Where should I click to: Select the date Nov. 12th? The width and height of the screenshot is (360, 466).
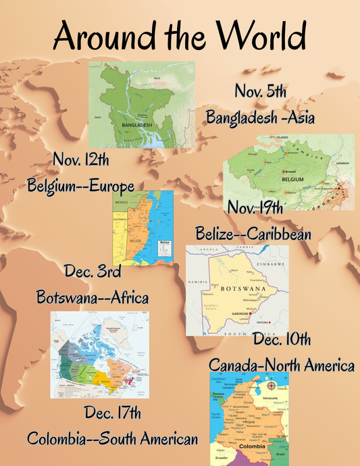tap(80, 161)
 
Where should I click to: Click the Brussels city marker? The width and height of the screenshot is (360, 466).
tap(266, 171)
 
